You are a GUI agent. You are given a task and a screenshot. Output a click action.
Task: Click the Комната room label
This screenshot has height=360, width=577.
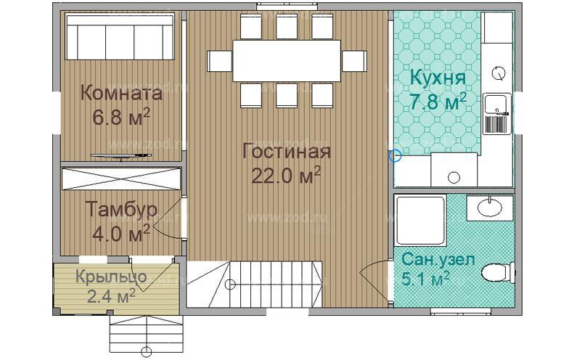[120, 94]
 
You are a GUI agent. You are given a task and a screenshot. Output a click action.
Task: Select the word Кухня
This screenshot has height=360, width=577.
[437, 78]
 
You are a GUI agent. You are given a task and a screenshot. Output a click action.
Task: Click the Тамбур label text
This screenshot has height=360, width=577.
[120, 210]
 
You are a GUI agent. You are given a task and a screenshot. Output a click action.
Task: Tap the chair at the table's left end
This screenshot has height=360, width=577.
[218, 57]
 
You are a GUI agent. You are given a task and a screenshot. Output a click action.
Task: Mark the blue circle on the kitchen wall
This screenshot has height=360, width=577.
[394, 155]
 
